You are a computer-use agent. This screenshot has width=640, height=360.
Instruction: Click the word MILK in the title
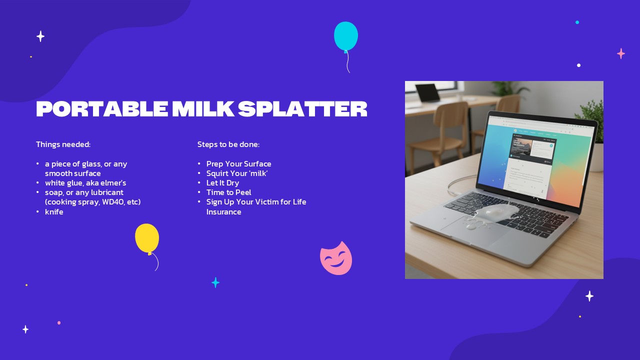tap(202, 109)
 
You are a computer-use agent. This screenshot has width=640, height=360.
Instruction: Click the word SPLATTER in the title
tap(302, 109)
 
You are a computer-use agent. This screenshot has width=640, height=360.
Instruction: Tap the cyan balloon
tap(346, 36)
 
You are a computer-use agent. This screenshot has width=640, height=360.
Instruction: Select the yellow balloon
tap(147, 238)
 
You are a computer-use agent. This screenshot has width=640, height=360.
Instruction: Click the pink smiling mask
tap(336, 258)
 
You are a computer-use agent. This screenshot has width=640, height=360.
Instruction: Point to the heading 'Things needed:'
tap(63, 144)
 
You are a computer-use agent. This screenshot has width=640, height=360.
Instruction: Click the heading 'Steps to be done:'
tap(228, 144)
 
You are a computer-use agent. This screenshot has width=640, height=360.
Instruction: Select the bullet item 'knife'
tap(54, 212)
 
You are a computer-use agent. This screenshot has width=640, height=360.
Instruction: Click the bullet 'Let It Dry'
tap(222, 183)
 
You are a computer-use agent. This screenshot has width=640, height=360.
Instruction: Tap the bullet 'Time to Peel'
tap(228, 192)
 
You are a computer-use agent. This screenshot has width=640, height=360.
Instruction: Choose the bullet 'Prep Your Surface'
tap(238, 164)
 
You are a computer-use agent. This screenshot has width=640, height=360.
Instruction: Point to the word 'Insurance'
tap(223, 212)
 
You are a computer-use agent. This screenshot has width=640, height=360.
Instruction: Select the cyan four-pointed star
tap(215, 283)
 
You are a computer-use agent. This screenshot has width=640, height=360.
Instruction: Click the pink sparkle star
tap(621, 53)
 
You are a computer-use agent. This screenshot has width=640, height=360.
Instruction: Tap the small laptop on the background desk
tap(427, 93)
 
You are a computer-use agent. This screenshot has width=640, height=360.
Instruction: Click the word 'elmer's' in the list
tap(114, 183)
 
